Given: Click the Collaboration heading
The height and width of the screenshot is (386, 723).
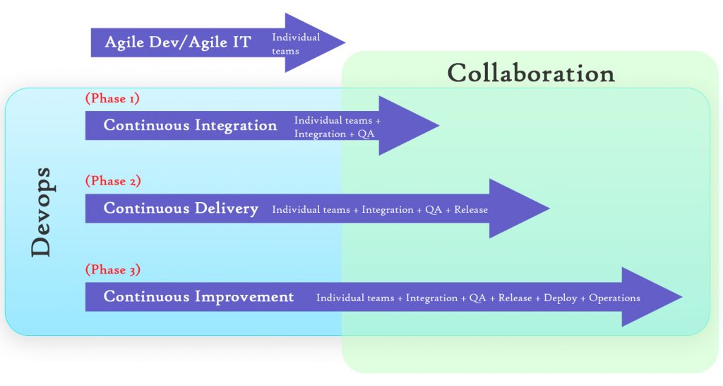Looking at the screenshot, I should [x=531, y=74].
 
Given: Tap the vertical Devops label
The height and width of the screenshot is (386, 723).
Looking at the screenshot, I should [x=42, y=211].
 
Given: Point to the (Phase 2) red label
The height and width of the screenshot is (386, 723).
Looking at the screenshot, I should [x=113, y=181].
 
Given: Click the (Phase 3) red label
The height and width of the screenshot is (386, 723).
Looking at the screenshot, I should [x=113, y=269].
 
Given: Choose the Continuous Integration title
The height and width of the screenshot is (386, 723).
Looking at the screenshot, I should [x=190, y=126].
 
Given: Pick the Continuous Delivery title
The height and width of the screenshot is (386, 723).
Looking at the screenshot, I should [x=181, y=209].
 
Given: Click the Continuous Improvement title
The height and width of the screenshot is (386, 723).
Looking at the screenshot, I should [x=198, y=297].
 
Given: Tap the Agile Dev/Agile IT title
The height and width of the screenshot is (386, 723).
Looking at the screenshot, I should [x=177, y=42].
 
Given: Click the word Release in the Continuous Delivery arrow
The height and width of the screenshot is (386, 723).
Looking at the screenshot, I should [x=471, y=210].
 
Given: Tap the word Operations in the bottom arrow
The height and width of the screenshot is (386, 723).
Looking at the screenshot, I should [x=614, y=298].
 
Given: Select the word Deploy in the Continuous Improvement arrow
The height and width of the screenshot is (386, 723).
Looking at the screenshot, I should [x=561, y=298].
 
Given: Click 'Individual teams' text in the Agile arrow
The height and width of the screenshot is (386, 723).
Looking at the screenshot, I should [x=296, y=44].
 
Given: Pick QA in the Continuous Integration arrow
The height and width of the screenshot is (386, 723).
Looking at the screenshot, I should [x=366, y=134].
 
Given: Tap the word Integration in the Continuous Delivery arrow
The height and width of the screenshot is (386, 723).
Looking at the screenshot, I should [x=388, y=210].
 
